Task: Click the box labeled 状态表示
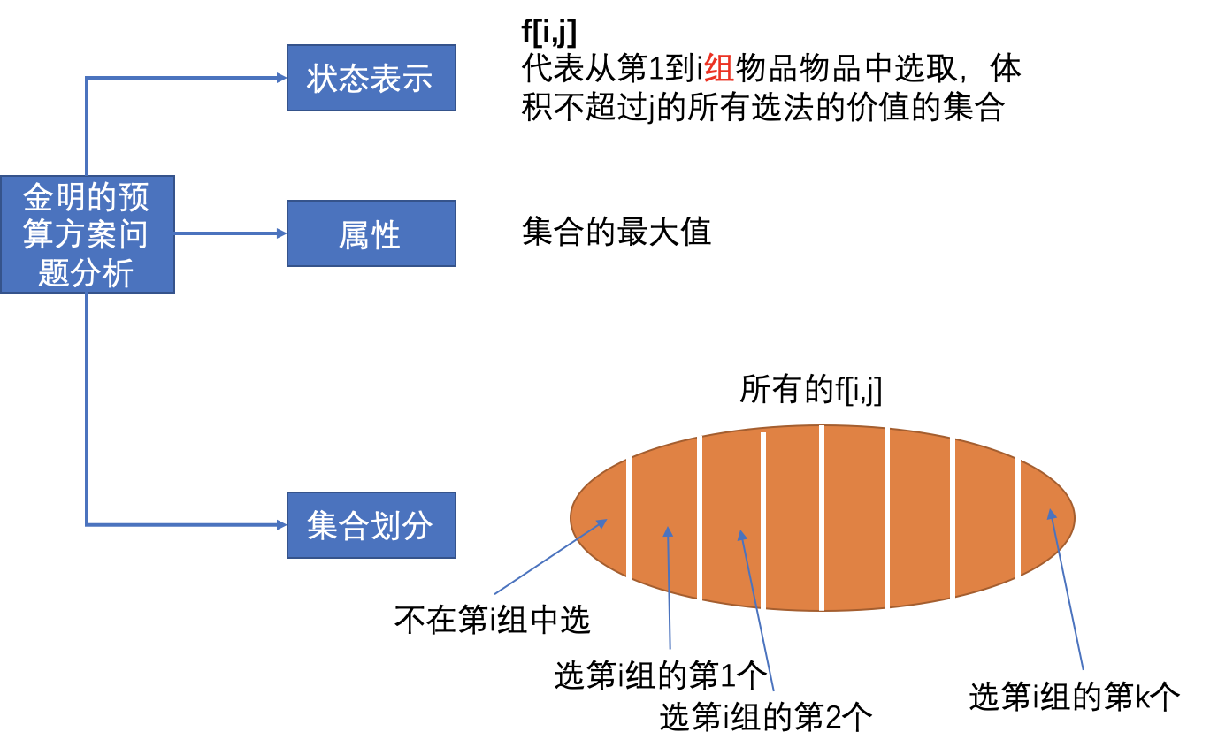(x=371, y=78)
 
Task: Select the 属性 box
(x=371, y=233)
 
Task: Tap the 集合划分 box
(x=371, y=525)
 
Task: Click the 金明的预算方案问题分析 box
(x=87, y=234)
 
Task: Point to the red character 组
(x=718, y=68)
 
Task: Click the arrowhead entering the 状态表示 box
(x=281, y=78)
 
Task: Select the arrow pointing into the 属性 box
(x=230, y=233)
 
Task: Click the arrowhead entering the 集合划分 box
(x=281, y=525)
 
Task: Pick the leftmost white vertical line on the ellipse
(x=629, y=534)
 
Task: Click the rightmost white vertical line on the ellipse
(x=1018, y=518)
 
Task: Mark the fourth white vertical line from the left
(x=822, y=518)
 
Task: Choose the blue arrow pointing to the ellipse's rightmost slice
(x=1066, y=591)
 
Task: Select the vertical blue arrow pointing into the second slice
(x=669, y=588)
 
